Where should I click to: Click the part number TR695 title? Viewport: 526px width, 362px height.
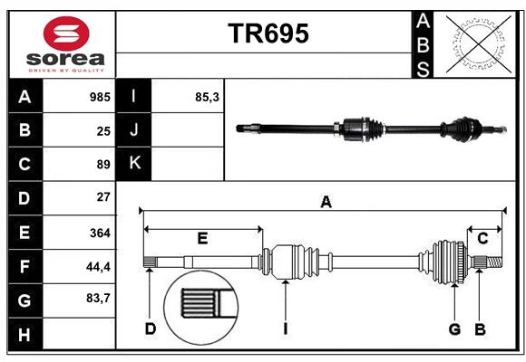pyautogui.click(x=268, y=34)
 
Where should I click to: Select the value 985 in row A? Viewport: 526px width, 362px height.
pyautogui.click(x=99, y=97)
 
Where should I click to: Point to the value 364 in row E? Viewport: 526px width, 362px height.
pyautogui.click(x=100, y=233)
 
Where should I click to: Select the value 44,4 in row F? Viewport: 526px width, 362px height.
pyautogui.click(x=98, y=266)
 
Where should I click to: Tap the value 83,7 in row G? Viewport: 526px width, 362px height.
pyautogui.click(x=98, y=299)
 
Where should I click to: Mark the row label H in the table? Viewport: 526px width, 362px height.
pyautogui.click(x=24, y=335)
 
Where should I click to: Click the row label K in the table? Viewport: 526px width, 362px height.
pyautogui.click(x=134, y=164)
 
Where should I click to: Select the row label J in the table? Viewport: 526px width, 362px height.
pyautogui.click(x=134, y=130)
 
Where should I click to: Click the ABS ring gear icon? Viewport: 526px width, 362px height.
pyautogui.click(x=478, y=42)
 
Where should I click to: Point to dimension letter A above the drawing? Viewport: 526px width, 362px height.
pyautogui.click(x=325, y=203)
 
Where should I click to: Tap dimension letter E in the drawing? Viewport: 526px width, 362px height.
pyautogui.click(x=202, y=239)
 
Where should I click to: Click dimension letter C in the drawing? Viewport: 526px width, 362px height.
pyautogui.click(x=482, y=239)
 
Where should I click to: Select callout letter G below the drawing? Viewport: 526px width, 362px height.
pyautogui.click(x=453, y=329)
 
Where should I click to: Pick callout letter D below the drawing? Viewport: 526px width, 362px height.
pyautogui.click(x=150, y=329)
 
